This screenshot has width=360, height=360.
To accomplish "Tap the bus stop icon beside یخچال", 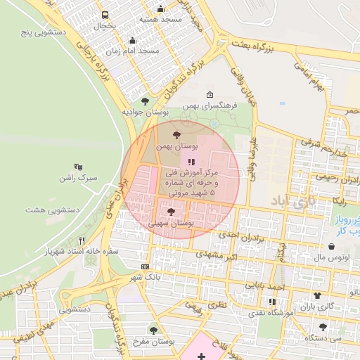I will pyautogui.click(x=105, y=15).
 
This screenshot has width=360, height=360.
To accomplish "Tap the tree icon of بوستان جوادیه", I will pyautogui.click(x=145, y=101).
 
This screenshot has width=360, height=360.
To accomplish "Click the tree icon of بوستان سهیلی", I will pyautogui.click(x=171, y=212).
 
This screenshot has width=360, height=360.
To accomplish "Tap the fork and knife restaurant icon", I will pyautogui.click(x=82, y=240).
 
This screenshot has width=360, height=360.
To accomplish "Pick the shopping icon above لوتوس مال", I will pyautogui.click(x=331, y=247).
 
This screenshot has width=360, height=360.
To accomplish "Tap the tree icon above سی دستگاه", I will pyautogui.click(x=322, y=327).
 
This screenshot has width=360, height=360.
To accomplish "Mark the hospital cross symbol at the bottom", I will pyautogui.click(x=202, y=356).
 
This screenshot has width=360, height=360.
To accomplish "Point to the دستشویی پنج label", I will pyautogui.click(x=42, y=32).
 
